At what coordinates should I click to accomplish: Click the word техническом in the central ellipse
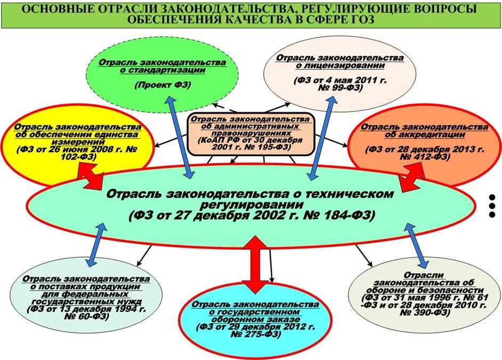click(354, 193)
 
